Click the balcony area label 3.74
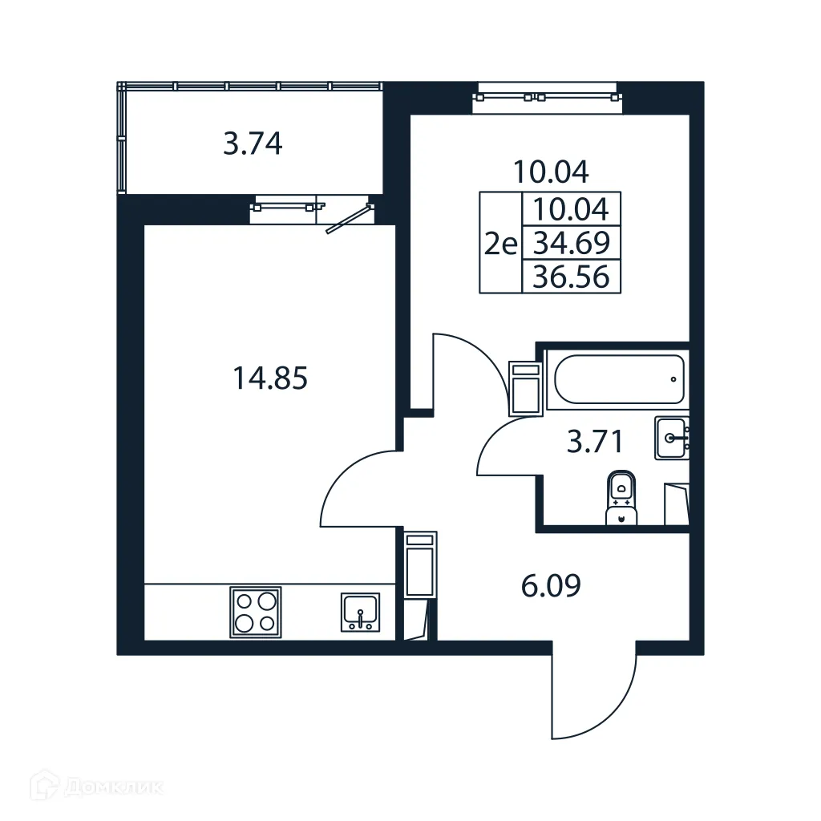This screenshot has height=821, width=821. click(253, 145)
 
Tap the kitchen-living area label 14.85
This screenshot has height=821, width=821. click(270, 378)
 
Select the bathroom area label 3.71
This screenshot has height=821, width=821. click(595, 441)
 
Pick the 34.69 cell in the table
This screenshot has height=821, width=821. click(572, 241)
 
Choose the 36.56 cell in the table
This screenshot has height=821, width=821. click(572, 277)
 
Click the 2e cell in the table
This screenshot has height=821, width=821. click(500, 242)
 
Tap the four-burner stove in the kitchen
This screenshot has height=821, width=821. click(256, 612)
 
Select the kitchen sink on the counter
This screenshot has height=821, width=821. click(361, 613)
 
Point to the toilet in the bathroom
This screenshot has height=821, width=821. click(621, 497)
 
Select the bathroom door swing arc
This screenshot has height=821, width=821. click(505, 449)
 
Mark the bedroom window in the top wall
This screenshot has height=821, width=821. click(548, 97)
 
